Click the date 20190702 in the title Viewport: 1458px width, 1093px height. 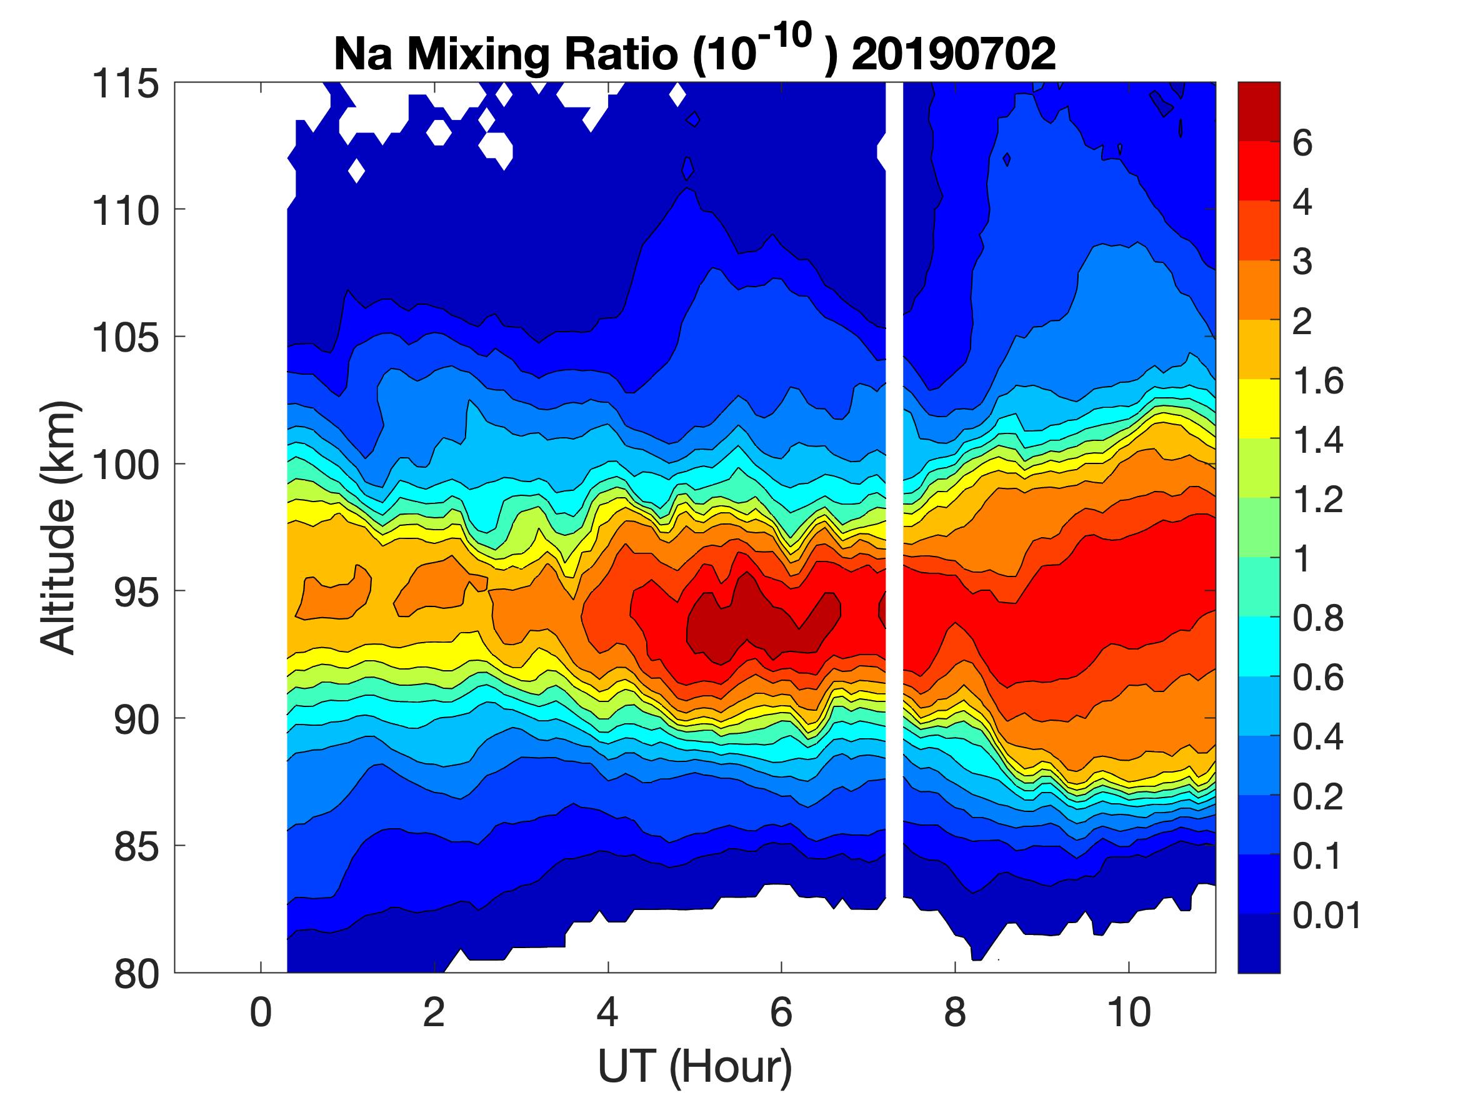coord(954,55)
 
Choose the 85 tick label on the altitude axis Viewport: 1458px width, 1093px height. coord(136,846)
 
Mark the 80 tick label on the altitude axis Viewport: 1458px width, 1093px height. coord(136,974)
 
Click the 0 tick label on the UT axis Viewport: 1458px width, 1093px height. coord(261,1012)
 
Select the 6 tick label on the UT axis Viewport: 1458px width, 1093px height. coord(781,1012)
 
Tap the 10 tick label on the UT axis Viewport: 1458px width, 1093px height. coord(1129,1012)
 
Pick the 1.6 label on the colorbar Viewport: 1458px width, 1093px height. coord(1317,381)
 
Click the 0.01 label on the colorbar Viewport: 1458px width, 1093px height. coord(1326,916)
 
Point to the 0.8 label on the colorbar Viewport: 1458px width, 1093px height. coord(1317,619)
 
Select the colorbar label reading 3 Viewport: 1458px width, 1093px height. coord(1302,262)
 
